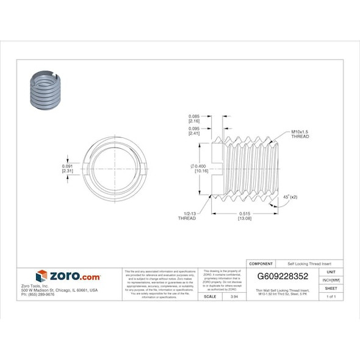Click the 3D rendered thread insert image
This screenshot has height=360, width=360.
click(x=45, y=91)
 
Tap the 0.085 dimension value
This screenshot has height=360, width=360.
click(x=195, y=117)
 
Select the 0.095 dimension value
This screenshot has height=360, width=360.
click(x=195, y=128)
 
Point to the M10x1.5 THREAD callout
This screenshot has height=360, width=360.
click(x=300, y=134)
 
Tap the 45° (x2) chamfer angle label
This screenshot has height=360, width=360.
click(x=290, y=197)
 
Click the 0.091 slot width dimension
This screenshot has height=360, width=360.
click(x=68, y=167)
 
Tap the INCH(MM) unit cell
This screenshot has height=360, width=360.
click(x=331, y=280)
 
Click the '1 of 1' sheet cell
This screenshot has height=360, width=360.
click(x=331, y=296)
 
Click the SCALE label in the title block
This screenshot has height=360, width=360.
click(x=211, y=296)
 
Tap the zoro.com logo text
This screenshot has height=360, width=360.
click(x=74, y=276)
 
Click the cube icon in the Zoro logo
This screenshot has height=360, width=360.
click(x=41, y=276)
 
